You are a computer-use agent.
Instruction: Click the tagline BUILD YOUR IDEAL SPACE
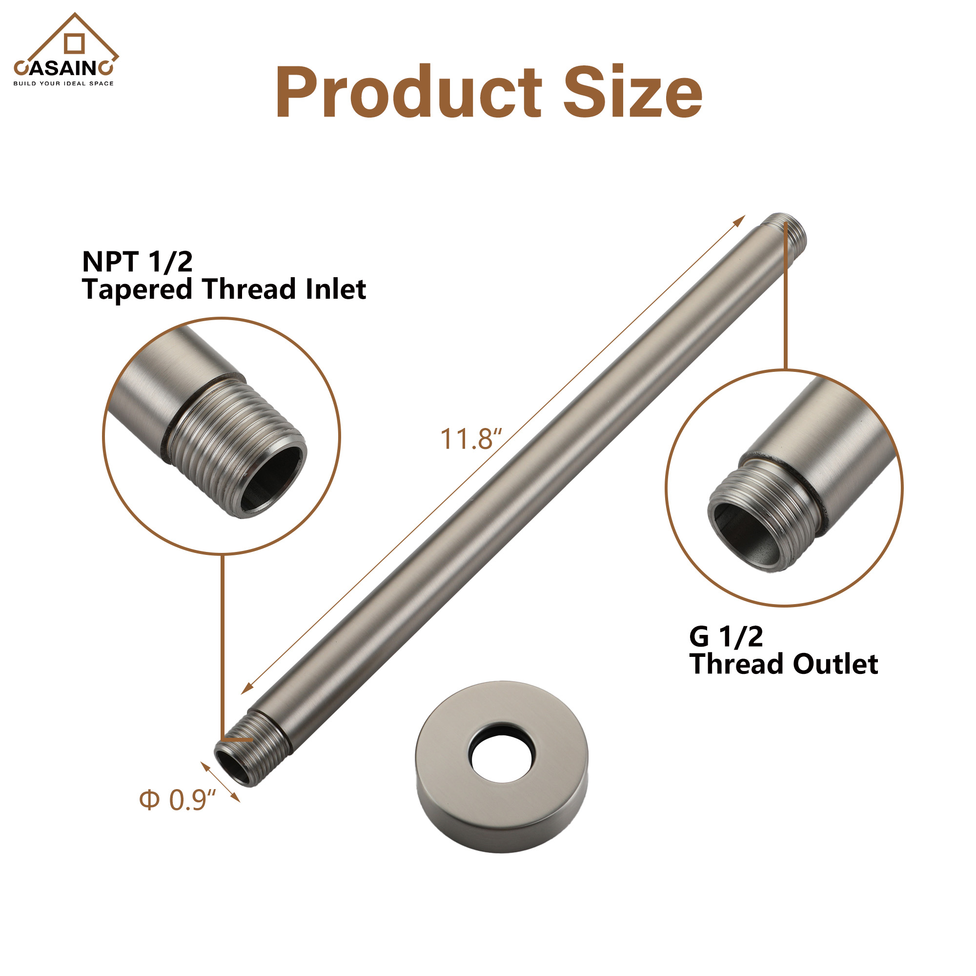(x=63, y=83)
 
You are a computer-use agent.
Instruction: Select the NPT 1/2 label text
(x=138, y=262)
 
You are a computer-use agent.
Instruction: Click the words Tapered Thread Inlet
(x=224, y=289)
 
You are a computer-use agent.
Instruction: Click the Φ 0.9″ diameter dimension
(x=178, y=800)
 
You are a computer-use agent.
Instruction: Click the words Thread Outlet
(x=784, y=664)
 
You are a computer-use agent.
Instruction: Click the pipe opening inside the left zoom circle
(x=271, y=478)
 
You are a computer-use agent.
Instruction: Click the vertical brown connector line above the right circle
(x=786, y=303)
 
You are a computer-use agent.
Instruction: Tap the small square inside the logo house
(x=74, y=43)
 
